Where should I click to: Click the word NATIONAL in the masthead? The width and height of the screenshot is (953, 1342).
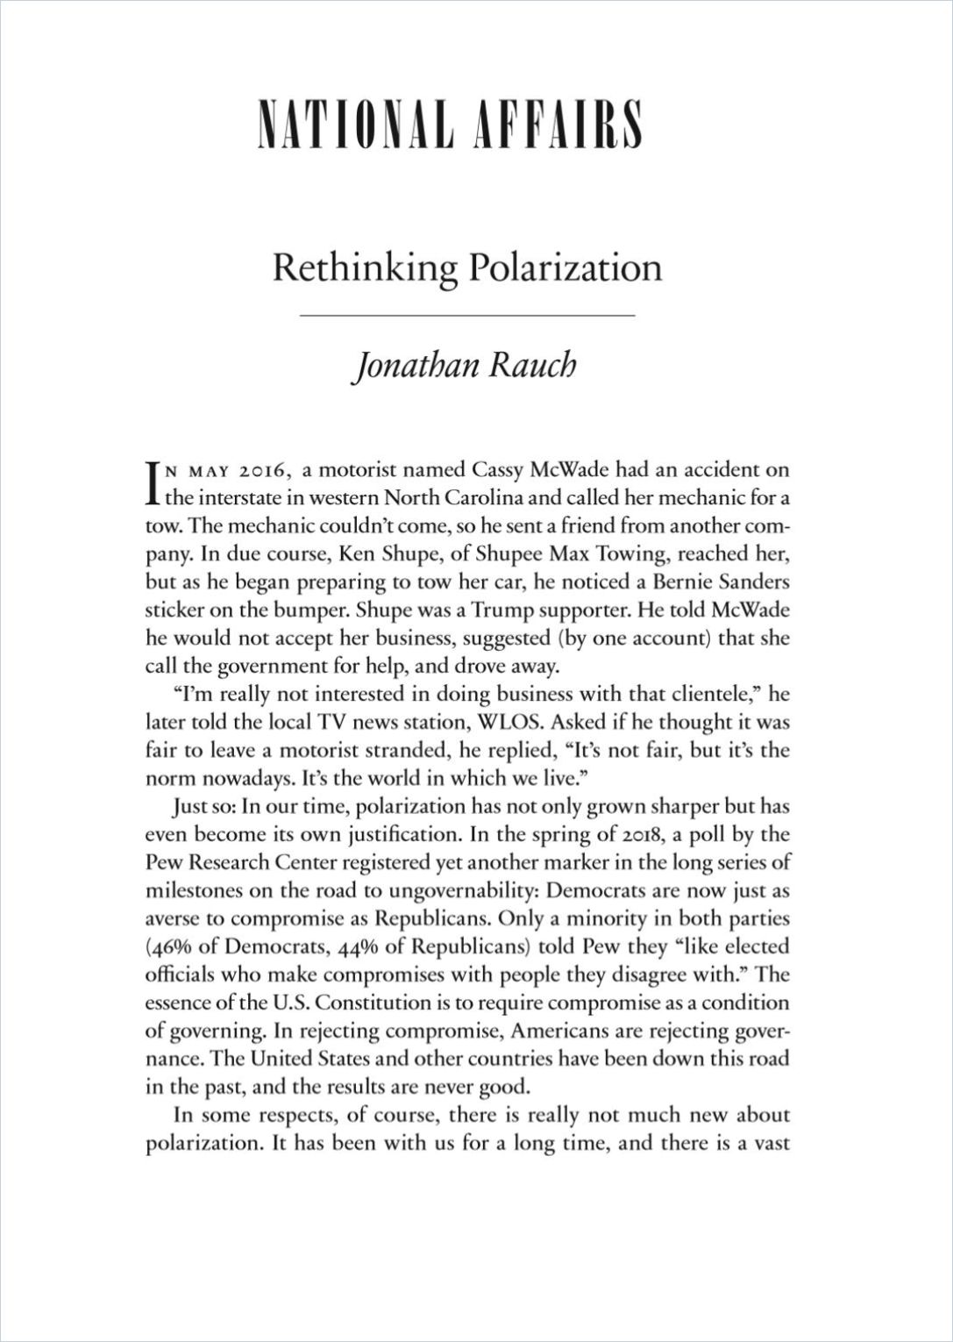pos(354,126)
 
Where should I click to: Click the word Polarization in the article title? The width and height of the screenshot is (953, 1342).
pos(565,268)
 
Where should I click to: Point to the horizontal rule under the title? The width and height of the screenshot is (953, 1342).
pos(467,314)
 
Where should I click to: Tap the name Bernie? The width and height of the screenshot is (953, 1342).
pos(686,582)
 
